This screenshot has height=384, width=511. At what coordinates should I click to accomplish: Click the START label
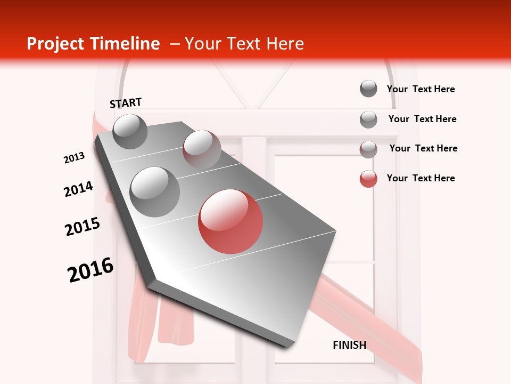[126, 102]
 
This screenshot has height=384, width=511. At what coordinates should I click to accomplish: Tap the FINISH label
[349, 345]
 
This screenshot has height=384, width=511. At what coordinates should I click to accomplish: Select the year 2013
[74, 158]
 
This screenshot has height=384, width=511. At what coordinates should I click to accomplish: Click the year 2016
[90, 270]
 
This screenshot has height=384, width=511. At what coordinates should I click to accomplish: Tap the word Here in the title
[285, 44]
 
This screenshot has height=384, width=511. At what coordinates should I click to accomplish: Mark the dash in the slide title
[174, 44]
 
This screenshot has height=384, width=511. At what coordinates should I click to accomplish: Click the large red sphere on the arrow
[230, 221]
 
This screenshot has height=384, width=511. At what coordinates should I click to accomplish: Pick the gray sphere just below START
[130, 131]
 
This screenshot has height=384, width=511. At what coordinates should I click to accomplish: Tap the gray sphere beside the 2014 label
[154, 191]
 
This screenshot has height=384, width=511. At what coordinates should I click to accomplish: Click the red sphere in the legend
[368, 179]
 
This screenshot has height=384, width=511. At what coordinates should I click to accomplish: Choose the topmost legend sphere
[368, 89]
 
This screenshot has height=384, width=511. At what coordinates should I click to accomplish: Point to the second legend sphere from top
[368, 119]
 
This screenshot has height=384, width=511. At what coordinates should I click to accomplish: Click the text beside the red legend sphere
[421, 178]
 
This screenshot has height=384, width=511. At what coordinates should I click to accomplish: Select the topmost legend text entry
[421, 89]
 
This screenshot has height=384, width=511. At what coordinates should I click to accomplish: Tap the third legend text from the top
[423, 148]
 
